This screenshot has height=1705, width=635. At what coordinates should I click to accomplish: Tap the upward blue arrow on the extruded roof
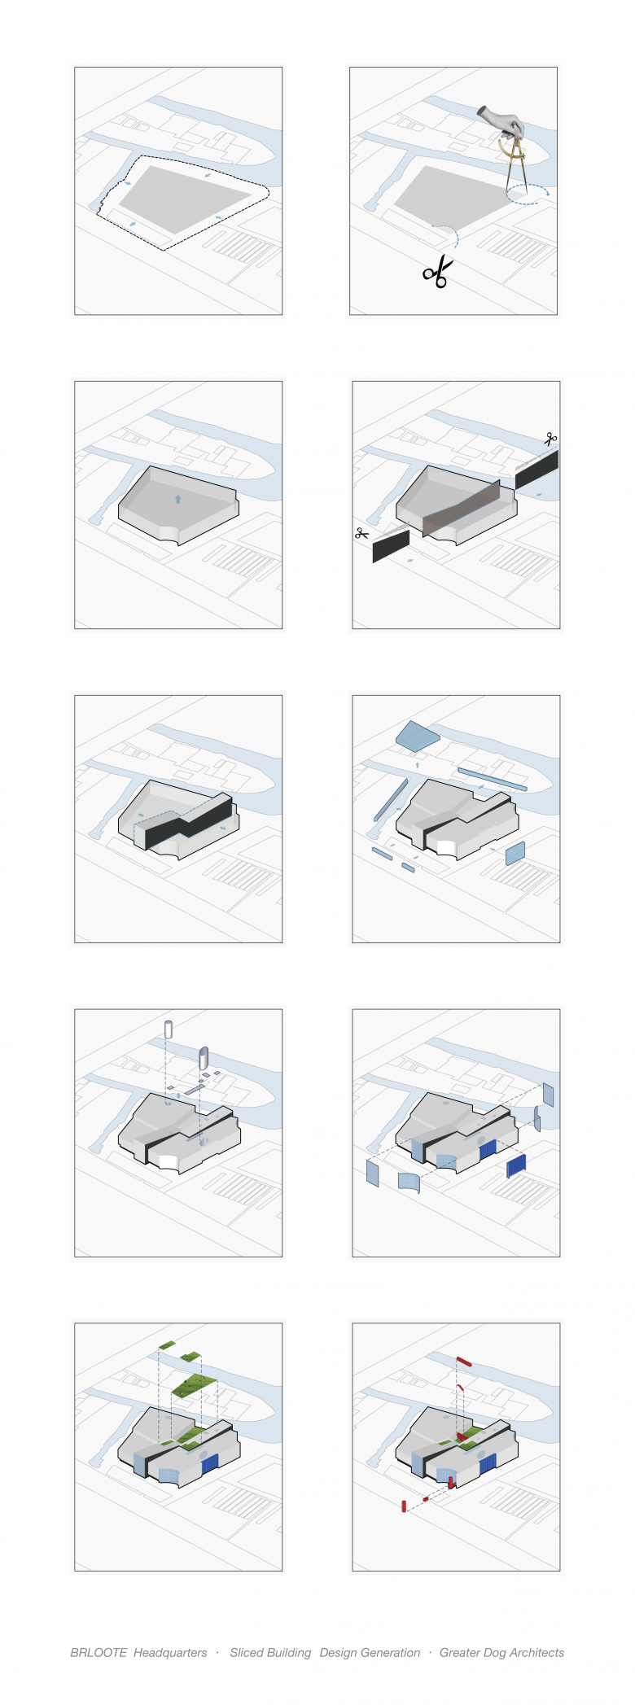coord(177,499)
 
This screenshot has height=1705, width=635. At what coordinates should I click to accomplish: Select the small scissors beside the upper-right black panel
coord(551,439)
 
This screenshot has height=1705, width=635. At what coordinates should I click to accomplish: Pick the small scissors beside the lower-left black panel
coord(362,534)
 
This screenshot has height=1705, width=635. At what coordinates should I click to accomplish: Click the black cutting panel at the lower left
coord(391,546)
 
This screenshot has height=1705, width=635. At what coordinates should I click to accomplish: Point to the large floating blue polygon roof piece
coord(418,735)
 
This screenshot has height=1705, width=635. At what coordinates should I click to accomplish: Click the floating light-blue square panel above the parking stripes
coord(515,854)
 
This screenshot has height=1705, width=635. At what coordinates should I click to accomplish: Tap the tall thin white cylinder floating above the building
coord(169,1029)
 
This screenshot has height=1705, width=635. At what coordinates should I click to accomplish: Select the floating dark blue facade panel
coord(516,1165)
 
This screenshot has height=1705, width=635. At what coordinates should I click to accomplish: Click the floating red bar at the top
coord(464,1361)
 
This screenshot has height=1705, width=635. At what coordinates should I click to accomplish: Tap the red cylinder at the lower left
coord(404,1506)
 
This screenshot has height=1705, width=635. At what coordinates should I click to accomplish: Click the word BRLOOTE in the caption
coord(99,1652)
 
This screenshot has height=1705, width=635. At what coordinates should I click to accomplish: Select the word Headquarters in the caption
coord(170,1652)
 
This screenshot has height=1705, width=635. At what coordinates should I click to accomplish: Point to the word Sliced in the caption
coord(247,1652)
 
